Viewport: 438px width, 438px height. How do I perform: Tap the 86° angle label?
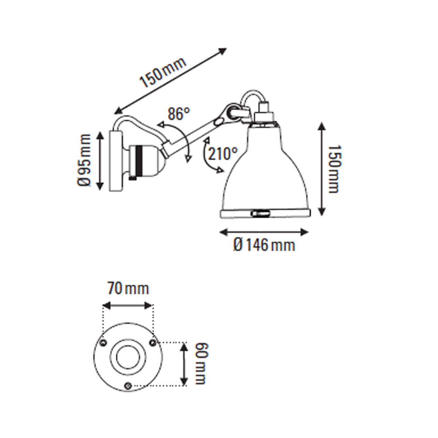point(179,114)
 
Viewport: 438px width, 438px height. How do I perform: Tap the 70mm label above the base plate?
point(128,289)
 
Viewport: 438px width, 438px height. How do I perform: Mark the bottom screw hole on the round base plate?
point(128,385)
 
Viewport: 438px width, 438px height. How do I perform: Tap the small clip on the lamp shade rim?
point(260,212)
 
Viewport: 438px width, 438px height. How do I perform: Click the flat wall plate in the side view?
point(116,161)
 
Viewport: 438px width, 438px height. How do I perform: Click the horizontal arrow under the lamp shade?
point(264,231)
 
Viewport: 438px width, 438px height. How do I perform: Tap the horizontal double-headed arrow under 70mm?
point(128,305)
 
